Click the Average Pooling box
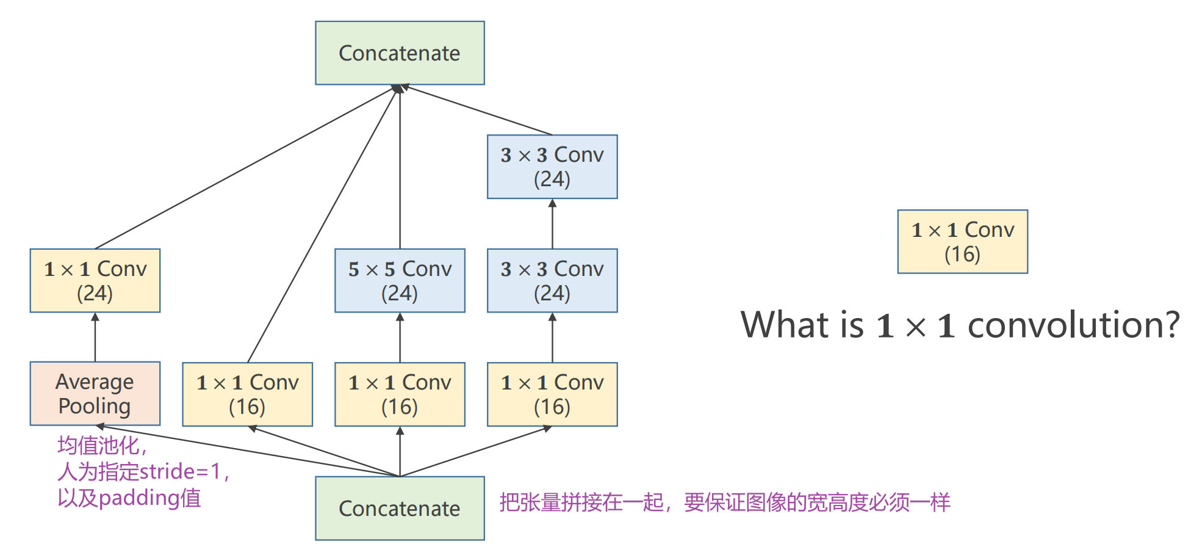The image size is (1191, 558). point(95,394)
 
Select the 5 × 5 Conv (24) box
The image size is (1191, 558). point(400,280)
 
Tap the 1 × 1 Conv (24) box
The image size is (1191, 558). point(95,280)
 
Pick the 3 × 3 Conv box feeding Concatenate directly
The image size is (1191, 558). point(552,167)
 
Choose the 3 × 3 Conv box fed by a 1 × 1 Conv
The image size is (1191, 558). point(552,280)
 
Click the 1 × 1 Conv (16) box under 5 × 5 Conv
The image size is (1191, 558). point(400,394)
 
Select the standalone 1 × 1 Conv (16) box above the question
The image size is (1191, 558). point(962,242)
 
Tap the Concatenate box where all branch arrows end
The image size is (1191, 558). point(400,53)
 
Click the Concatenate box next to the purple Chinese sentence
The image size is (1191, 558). point(400,508)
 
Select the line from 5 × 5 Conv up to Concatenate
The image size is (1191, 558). point(400,171)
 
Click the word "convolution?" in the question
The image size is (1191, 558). point(1073,325)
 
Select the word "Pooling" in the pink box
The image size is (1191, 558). point(95,407)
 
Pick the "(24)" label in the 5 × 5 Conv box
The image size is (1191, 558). point(400,294)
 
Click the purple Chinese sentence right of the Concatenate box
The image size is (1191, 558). point(724,502)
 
